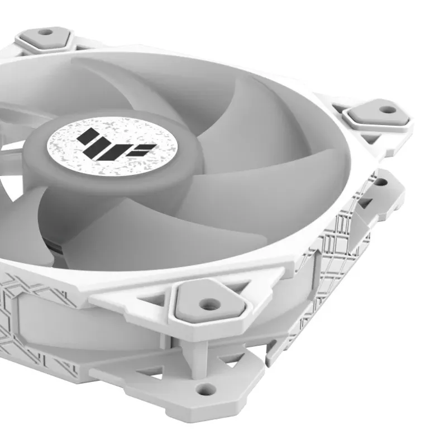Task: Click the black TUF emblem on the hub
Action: click(x=115, y=145)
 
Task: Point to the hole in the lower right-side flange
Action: click(x=381, y=181)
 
